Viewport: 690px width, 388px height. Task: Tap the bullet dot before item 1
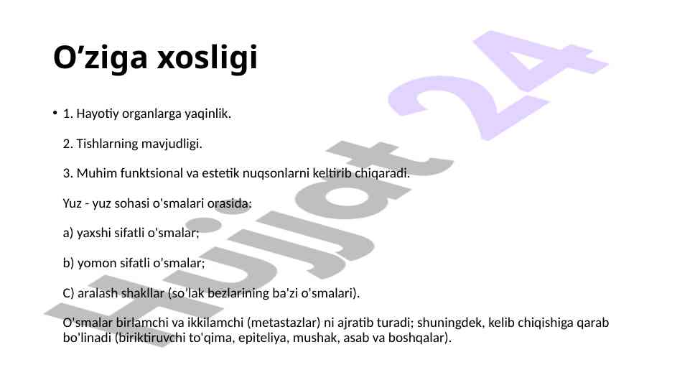coord(55,113)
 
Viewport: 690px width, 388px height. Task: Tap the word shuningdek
coord(449,323)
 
